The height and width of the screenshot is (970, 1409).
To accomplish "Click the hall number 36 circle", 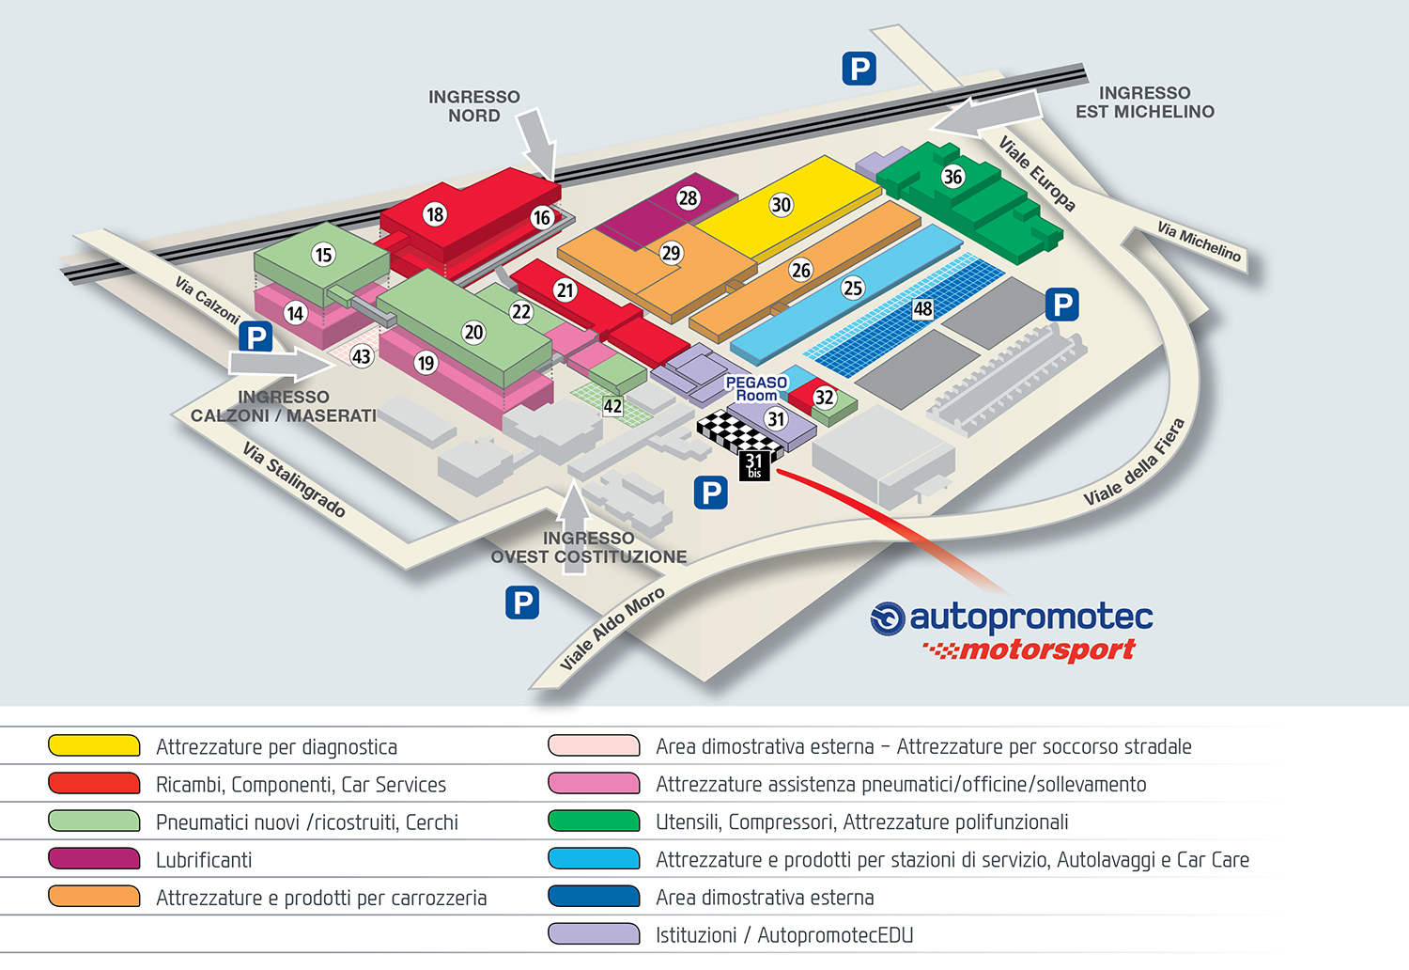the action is pos(953,177).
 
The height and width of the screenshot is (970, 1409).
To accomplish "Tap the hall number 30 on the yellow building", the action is pos(781,205).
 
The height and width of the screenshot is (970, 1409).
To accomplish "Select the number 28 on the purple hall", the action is pos(688,198).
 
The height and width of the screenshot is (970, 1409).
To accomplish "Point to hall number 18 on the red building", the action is pos(435,214).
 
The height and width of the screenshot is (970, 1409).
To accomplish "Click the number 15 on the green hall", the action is pos(323,255).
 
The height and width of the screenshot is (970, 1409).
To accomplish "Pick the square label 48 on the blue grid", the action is pos(922,309).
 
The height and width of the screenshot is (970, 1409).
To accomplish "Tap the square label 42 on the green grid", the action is pos(612,407).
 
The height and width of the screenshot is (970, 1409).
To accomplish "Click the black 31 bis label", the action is pos(754,466).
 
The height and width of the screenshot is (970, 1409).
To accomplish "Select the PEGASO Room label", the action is pos(756,389).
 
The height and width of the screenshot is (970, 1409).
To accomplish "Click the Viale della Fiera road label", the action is pos(1134,462).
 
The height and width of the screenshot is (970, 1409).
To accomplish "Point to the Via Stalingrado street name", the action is pos(294,479).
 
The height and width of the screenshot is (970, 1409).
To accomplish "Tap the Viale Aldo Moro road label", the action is pos(612,628).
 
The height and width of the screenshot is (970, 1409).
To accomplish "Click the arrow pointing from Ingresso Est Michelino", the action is pos(985,115).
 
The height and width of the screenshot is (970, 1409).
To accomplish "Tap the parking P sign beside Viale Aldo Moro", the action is pos(522,602).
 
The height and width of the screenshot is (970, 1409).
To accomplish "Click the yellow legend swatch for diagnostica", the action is pos(94,745).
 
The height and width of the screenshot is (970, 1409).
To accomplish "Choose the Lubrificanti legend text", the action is pos(204,860).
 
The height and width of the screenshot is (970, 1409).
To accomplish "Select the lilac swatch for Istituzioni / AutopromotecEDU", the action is pos(594,934).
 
